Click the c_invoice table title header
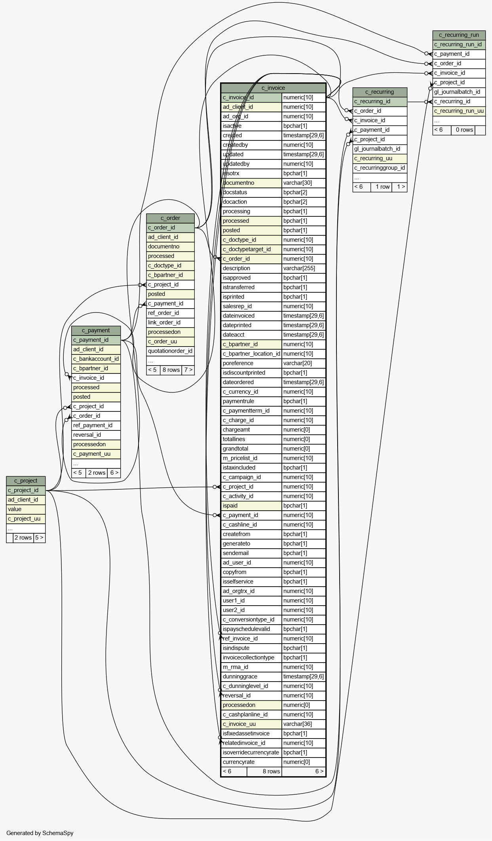(273, 88)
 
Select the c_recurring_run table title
(459, 35)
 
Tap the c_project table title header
(26, 481)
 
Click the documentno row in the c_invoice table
(251, 183)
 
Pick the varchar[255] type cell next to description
(303, 268)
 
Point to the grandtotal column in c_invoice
(251, 449)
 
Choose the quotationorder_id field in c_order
(170, 351)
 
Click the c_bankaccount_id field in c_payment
(96, 359)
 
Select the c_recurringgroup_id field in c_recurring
(380, 168)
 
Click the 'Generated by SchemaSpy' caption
(40, 833)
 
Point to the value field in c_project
(26, 509)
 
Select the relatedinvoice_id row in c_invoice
(251, 743)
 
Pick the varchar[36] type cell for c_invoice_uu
(303, 724)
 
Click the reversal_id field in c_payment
(96, 435)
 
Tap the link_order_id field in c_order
(170, 322)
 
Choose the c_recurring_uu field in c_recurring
(380, 158)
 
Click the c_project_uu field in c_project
(26, 519)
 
